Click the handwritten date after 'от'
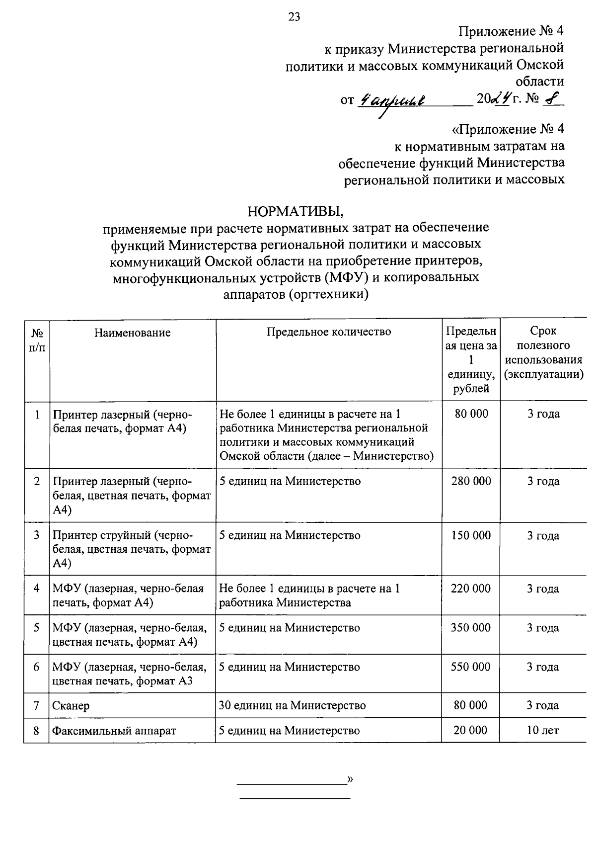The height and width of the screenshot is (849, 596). click(392, 100)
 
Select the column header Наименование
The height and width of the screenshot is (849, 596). click(132, 333)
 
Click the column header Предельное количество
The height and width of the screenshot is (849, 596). click(328, 332)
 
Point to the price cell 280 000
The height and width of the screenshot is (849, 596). click(471, 481)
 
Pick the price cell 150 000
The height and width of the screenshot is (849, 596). click(471, 535)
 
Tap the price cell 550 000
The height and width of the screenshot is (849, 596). click(470, 667)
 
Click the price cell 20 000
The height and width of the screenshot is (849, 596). click(470, 730)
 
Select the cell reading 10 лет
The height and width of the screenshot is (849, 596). click(543, 730)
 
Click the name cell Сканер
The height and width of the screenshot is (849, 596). click(71, 706)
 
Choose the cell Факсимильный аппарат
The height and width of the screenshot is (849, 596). click(114, 731)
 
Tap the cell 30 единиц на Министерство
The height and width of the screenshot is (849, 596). click(292, 705)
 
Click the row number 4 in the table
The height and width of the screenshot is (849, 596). click(37, 589)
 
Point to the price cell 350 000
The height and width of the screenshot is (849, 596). click(470, 628)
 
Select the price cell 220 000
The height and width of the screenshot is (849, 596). click(470, 589)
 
